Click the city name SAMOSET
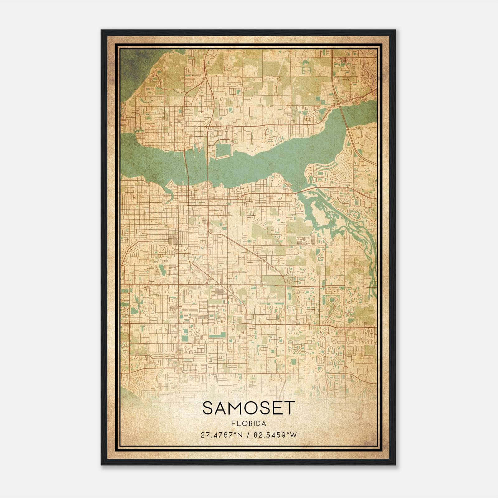248,408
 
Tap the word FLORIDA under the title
248,424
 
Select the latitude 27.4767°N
221,435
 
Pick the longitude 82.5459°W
275,435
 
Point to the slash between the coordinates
248,435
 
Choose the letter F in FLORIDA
233,424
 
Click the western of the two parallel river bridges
187,168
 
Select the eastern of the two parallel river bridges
208,168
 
